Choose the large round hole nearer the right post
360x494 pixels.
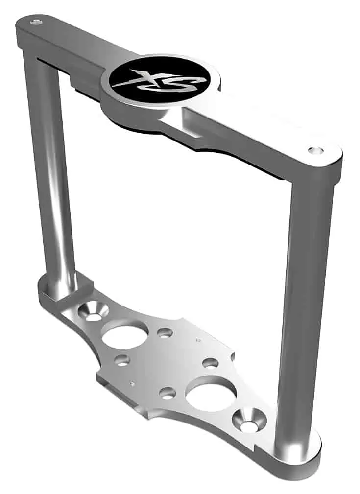(x=211, y=392)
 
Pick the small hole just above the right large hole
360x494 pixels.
(x=210, y=363)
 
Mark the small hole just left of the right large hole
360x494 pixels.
(x=168, y=393)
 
